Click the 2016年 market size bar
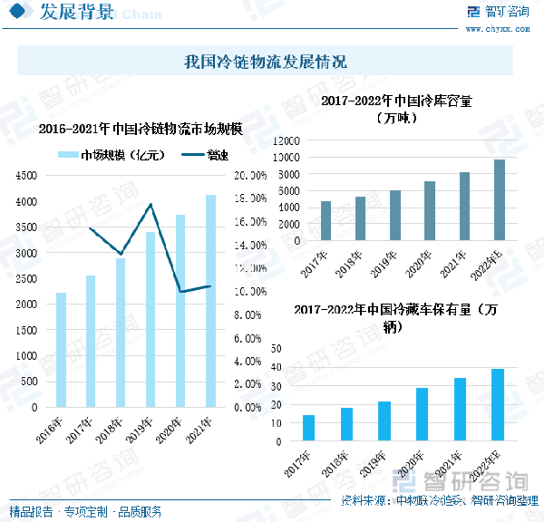61,350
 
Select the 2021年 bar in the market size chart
210,301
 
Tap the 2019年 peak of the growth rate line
151,204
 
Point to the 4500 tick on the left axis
27,176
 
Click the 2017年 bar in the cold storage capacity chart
325,221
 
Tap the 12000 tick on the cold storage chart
284,141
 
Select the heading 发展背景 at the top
78,13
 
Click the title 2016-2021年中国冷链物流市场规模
141,129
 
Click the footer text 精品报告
31,511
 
